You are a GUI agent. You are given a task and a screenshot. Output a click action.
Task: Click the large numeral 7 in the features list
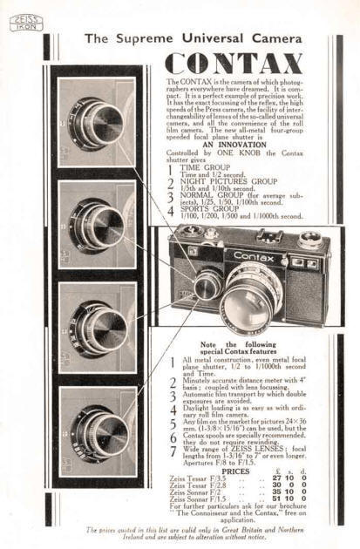point(173,453)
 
